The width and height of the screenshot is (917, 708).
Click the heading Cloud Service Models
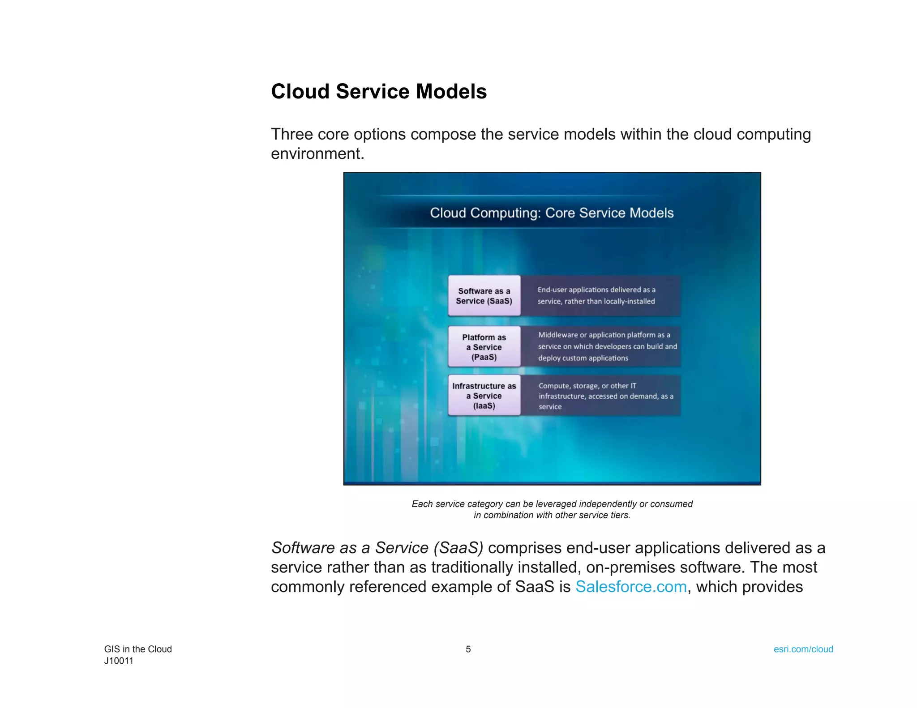pos(379,92)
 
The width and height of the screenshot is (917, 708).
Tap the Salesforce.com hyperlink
pos(631,587)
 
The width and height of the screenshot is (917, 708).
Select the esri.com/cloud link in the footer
pos(803,649)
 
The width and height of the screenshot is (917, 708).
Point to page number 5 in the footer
pos(468,649)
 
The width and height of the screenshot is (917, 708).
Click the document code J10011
pos(119,661)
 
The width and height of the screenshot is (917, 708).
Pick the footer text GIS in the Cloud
pos(138,649)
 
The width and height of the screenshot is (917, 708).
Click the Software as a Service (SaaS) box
pos(484,296)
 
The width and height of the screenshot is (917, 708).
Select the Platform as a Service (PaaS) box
pos(484,347)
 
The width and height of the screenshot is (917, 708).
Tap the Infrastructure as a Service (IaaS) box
pos(484,396)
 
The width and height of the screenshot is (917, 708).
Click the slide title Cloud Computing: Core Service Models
pos(552,213)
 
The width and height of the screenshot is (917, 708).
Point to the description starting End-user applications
pos(596,295)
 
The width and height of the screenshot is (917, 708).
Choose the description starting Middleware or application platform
pos(607,346)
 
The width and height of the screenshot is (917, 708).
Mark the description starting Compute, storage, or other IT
pos(605,396)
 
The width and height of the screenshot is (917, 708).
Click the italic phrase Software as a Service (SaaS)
pos(377,548)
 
